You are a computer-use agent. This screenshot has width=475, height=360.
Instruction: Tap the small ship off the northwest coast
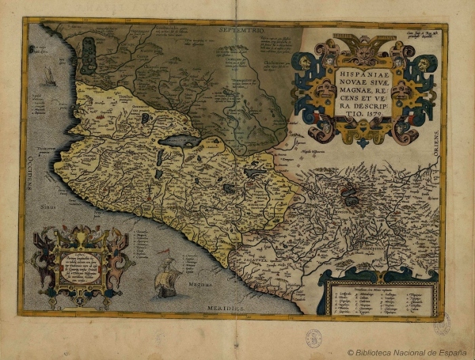coord(50,77)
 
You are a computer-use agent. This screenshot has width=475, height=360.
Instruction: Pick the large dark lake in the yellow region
coord(183,142)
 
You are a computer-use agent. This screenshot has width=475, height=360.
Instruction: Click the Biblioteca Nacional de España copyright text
coord(408,351)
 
